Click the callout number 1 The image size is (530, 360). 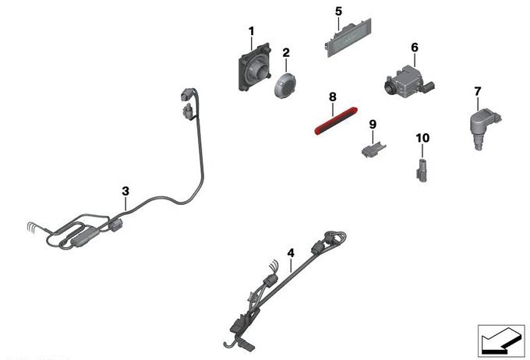pyautogui.click(x=251, y=31)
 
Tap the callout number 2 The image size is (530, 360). pyautogui.click(x=286, y=53)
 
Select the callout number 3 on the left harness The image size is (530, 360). pyautogui.click(x=125, y=192)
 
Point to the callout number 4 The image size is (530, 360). pyautogui.click(x=291, y=253)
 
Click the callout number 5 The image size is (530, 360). pyautogui.click(x=338, y=12)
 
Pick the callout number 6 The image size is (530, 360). pyautogui.click(x=415, y=48)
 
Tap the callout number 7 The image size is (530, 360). pyautogui.click(x=477, y=92)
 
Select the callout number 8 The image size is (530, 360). pyautogui.click(x=333, y=97)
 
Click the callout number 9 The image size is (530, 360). pyautogui.click(x=373, y=125)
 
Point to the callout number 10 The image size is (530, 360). pyautogui.click(x=422, y=138)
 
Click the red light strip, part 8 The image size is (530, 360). pyautogui.click(x=336, y=121)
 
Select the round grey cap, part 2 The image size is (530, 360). pyautogui.click(x=284, y=85)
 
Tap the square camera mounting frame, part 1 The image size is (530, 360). pyautogui.click(x=255, y=67)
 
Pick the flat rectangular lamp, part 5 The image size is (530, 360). pyautogui.click(x=348, y=37)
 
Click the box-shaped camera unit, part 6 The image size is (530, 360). pyautogui.click(x=408, y=80)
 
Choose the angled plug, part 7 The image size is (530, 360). pyautogui.click(x=484, y=128)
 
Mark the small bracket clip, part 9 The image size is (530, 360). pyautogui.click(x=373, y=150)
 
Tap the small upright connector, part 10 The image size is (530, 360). pyautogui.click(x=422, y=170)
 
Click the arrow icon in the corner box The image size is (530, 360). pyautogui.click(x=500, y=341)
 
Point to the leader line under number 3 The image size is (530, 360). pyautogui.click(x=125, y=204)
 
